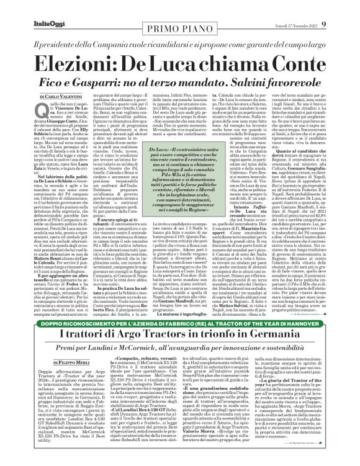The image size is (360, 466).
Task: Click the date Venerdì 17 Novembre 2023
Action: tap(308, 7)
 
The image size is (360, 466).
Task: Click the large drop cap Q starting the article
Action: tap(40, 95)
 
